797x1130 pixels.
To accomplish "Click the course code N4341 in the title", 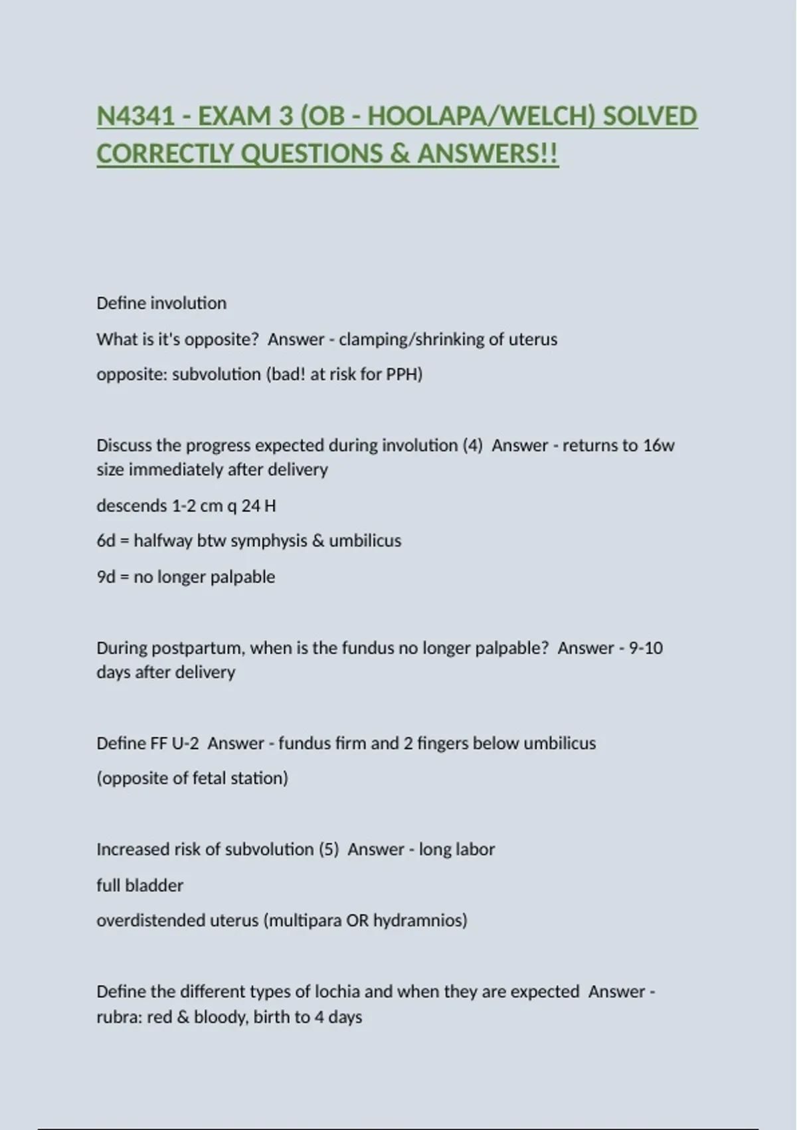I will tap(135, 116).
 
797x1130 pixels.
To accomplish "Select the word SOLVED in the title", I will tap(650, 116).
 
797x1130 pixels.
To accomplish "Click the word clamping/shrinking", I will tap(411, 340).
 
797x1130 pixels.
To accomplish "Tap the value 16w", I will tap(659, 445).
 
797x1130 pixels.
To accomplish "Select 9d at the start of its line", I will tap(106, 577).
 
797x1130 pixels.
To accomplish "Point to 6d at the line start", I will tap(106, 541).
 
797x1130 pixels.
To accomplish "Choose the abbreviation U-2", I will tap(185, 743).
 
